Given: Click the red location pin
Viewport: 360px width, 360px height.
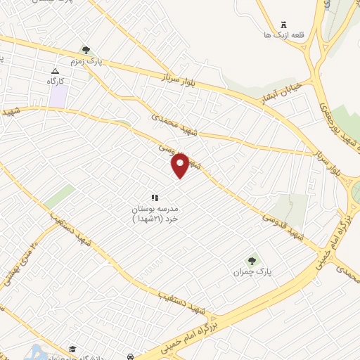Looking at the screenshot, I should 180,165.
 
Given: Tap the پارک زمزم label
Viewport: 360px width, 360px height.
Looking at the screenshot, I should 109,61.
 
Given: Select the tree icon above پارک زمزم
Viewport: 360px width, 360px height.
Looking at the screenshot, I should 86,50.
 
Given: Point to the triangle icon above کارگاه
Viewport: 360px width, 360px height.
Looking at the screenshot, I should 56,72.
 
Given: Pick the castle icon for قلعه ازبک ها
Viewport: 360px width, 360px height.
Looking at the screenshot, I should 284,25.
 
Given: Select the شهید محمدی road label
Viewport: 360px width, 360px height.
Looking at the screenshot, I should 174,125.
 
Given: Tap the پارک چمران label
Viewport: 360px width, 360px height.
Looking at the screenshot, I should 252,271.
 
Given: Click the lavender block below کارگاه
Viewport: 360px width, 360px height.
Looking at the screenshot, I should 59,96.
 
